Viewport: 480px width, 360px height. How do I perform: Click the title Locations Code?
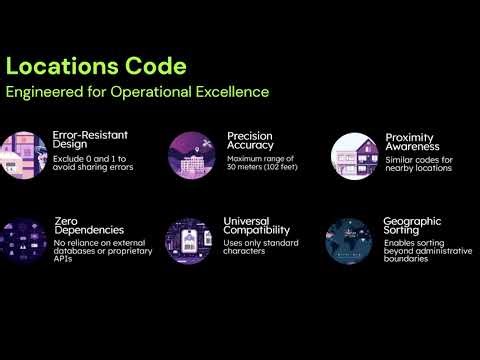click(96, 67)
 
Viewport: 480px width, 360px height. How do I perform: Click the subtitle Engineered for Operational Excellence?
click(138, 92)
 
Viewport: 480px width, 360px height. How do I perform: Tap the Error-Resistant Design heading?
click(90, 138)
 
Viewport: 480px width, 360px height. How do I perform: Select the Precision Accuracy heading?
click(250, 141)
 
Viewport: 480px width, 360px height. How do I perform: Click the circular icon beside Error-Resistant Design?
click(23, 154)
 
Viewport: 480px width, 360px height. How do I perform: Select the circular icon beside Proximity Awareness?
click(355, 156)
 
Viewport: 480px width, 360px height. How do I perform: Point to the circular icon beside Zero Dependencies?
click(23, 240)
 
